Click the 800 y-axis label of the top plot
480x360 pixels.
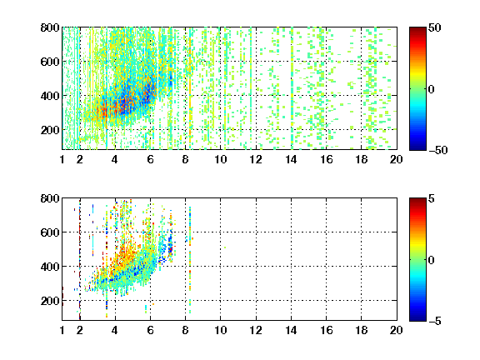point(50,27)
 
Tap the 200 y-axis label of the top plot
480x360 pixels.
point(50,130)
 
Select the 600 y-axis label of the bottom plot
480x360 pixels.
point(50,232)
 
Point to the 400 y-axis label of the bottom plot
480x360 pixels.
point(50,267)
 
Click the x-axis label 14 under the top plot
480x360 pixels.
point(291,159)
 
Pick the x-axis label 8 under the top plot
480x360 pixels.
point(185,159)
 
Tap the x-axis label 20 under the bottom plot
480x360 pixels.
point(396,330)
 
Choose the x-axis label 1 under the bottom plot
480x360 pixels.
point(62,330)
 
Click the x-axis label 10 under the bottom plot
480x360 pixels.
point(220,330)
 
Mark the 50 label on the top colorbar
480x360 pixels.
point(434,28)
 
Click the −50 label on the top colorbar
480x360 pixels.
point(438,150)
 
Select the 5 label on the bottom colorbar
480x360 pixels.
point(432,199)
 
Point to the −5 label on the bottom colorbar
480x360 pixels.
point(435,321)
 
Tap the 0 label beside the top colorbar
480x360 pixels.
point(432,89)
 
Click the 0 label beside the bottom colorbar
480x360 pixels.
point(432,260)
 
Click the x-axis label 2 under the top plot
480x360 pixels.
point(80,159)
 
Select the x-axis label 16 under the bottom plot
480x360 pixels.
point(327,330)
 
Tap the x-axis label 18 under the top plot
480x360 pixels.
point(361,159)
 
